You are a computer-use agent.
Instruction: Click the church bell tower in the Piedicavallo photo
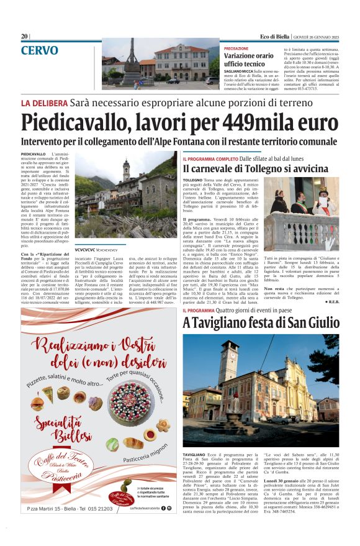pos(126,171)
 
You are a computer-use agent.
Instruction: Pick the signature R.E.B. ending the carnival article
pos(331,301)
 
